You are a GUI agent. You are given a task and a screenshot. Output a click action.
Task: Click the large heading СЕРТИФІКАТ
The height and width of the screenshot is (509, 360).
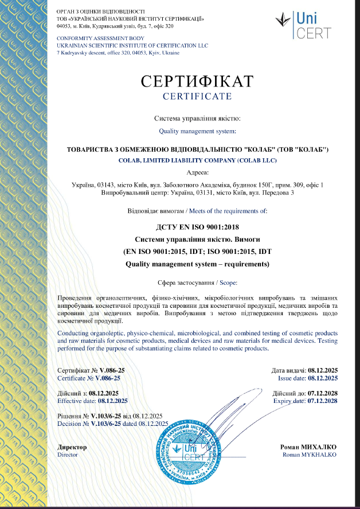197,81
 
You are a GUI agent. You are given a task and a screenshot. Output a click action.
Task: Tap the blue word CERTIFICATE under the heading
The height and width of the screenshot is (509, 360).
197,96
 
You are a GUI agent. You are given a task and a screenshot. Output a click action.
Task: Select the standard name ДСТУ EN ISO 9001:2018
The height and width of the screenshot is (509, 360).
197,226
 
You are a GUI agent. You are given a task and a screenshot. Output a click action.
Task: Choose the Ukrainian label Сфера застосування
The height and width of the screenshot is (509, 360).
182,283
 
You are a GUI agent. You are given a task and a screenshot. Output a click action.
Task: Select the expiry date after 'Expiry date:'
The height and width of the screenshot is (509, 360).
323,401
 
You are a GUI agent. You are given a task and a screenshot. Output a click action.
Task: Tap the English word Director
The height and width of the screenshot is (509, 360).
68,455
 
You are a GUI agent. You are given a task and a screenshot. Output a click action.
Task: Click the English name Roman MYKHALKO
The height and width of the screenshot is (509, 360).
310,455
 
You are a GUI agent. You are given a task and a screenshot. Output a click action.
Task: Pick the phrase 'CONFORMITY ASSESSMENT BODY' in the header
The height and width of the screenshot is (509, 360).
91,38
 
